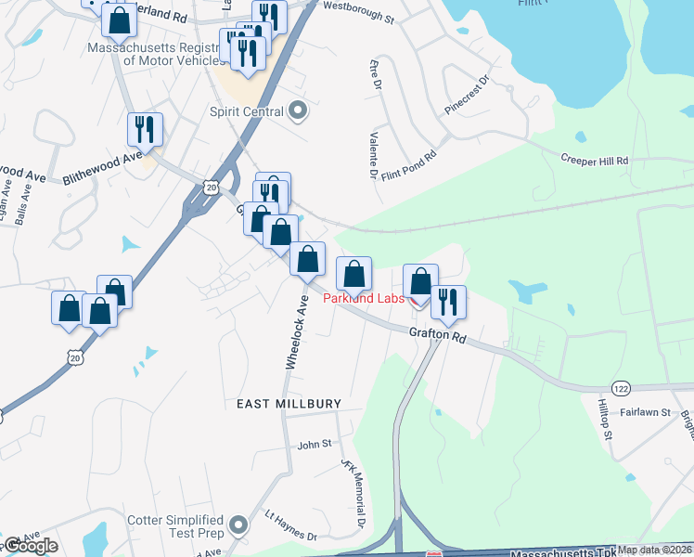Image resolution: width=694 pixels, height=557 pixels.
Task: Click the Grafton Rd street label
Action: [x=437, y=335]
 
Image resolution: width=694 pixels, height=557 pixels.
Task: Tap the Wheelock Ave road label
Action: [x=296, y=333]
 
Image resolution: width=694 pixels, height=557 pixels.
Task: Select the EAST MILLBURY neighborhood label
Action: [x=289, y=404]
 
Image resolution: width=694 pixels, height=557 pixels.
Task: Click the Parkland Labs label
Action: [x=362, y=298]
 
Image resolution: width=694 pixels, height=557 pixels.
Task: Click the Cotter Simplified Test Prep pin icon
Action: [x=239, y=525]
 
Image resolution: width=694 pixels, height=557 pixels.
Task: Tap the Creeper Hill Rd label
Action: [x=595, y=161]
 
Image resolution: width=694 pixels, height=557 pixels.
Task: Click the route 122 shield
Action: [x=620, y=386]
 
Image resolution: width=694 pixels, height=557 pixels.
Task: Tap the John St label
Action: [x=315, y=445]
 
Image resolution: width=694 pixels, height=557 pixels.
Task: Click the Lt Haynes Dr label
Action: [x=290, y=526]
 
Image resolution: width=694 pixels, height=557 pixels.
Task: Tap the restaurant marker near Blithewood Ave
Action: [x=145, y=129]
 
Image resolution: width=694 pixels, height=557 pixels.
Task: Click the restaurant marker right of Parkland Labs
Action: [x=448, y=303]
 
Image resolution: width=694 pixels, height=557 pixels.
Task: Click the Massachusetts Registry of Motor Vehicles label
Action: [x=156, y=54]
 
